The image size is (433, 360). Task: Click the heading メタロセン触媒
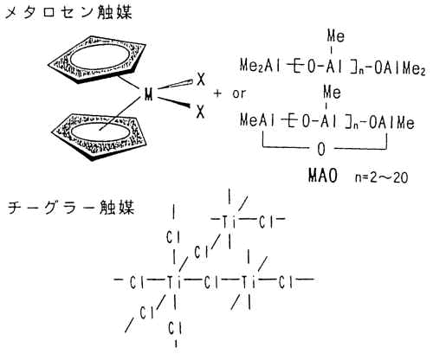68,13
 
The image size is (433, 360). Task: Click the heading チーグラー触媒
71,207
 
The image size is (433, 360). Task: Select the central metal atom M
148,94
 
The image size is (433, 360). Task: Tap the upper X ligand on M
201,79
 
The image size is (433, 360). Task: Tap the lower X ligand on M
200,112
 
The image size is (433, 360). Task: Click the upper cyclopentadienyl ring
97,60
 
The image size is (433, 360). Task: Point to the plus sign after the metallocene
217,93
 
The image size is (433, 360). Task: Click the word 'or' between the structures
239,93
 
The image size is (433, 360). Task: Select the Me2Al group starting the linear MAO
261,66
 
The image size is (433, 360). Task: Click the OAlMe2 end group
400,68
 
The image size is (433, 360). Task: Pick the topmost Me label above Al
336,36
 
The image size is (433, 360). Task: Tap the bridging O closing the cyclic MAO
321,150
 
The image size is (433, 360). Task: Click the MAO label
323,176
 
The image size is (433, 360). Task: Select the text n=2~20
382,177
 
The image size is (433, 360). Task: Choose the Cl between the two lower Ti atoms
211,282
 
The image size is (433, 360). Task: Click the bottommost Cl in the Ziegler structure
175,329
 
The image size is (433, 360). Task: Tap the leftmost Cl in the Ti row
138,282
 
